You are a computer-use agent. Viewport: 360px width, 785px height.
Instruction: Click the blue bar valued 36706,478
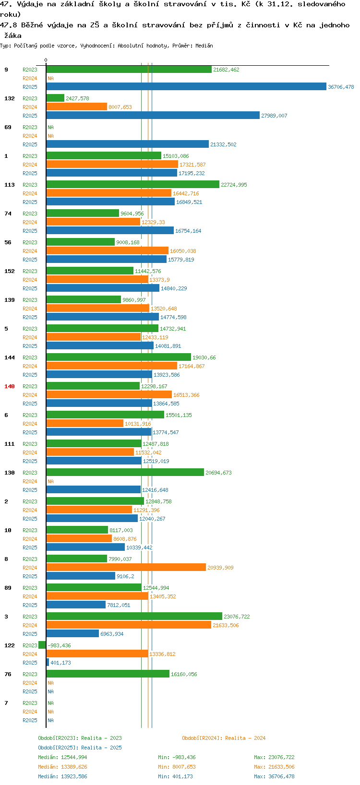tap(186, 86)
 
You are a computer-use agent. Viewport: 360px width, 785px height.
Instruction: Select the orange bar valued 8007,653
tap(76, 107)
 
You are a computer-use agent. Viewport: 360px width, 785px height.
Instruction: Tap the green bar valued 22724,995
tap(133, 185)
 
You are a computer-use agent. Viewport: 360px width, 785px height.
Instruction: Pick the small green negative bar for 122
tap(42, 645)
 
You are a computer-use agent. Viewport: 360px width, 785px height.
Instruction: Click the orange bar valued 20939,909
tap(126, 567)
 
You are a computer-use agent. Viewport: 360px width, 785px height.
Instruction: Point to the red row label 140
tap(10, 386)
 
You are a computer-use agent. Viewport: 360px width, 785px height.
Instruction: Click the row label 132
tap(10, 98)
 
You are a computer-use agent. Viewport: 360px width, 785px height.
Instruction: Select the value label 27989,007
tap(274, 116)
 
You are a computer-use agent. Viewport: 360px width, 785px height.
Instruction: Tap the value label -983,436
tap(59, 645)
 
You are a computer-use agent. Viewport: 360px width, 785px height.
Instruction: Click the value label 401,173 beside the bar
tap(60, 663)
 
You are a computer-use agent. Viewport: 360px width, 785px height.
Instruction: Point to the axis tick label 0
tap(46, 60)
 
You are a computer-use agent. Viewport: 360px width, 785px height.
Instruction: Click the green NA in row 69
tap(50, 127)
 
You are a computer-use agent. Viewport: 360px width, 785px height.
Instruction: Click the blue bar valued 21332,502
tap(128, 144)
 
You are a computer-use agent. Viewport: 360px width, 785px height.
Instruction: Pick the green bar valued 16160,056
tap(108, 674)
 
